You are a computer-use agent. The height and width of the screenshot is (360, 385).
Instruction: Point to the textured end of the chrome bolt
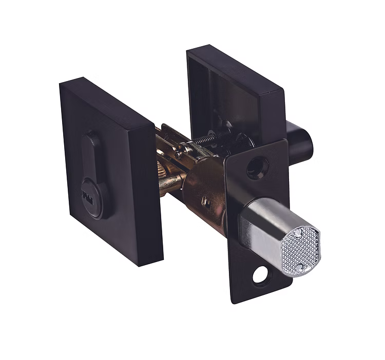(x=301, y=250)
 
